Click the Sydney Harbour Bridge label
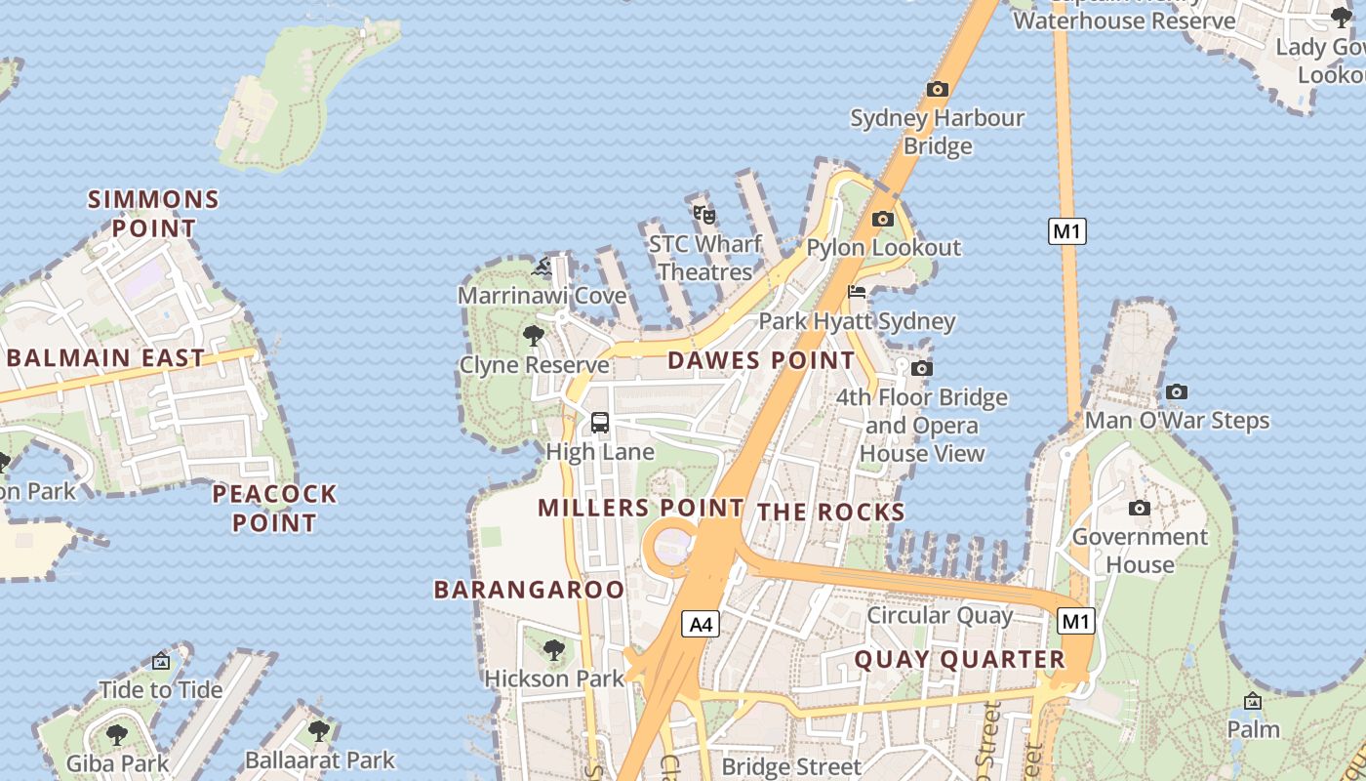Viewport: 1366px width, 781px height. click(x=937, y=132)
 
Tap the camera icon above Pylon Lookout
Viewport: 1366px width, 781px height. click(x=883, y=219)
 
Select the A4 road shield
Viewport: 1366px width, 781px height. click(x=701, y=624)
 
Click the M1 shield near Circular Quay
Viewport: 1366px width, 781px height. click(x=1076, y=621)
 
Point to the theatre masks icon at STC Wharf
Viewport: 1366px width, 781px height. click(x=704, y=214)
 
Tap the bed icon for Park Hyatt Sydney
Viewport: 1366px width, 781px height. click(x=857, y=291)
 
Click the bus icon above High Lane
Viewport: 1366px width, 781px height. click(x=600, y=423)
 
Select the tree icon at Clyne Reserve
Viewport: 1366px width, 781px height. click(x=533, y=336)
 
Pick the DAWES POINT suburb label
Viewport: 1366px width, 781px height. click(x=761, y=360)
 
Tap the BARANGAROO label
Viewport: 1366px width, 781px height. click(x=529, y=590)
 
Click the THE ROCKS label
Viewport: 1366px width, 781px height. click(x=830, y=513)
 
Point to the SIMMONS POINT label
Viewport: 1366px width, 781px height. click(x=153, y=214)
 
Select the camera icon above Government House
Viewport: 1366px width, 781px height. click(x=1139, y=508)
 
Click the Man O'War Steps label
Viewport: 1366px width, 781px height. click(x=1177, y=421)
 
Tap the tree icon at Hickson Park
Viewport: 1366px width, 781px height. click(x=553, y=649)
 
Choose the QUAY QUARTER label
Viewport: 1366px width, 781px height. click(x=959, y=660)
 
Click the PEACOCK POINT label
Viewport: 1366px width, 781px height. click(x=274, y=508)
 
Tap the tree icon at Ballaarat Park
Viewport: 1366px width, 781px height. click(x=318, y=730)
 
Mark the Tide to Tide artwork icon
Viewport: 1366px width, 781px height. click(x=161, y=661)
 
